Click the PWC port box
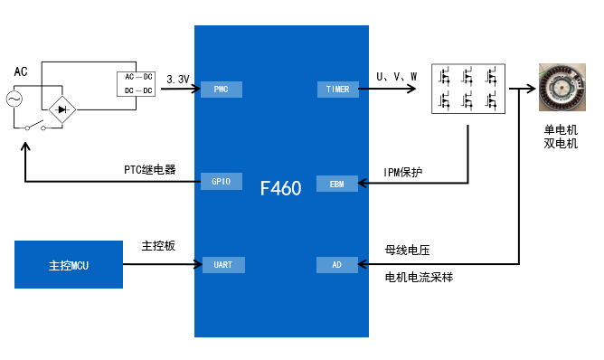[222, 89]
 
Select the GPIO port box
[222, 181]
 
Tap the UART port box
[222, 265]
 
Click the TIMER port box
[338, 89]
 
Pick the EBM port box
[338, 184]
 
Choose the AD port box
[338, 265]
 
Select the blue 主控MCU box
[69, 265]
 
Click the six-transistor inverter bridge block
[467, 89]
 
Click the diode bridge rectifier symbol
[61, 109]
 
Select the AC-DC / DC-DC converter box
[138, 83]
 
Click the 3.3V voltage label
[178, 80]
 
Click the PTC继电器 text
[150, 169]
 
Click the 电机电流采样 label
[419, 278]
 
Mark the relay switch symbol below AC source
[34, 125]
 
